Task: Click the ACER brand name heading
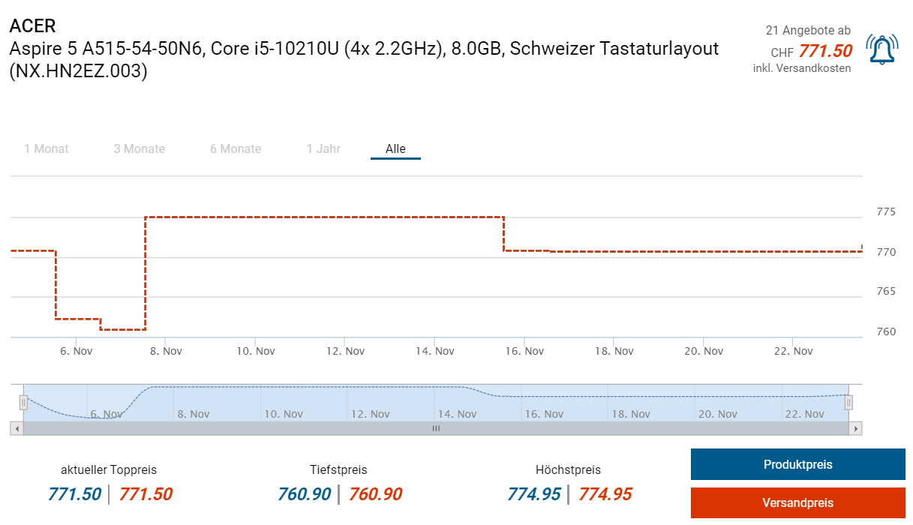(x=32, y=25)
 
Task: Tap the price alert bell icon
(x=882, y=49)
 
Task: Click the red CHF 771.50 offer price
(x=825, y=51)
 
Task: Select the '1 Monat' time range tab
(x=47, y=148)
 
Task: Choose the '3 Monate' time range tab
(x=140, y=148)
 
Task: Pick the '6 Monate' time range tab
(x=236, y=148)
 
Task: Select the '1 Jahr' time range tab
(x=323, y=148)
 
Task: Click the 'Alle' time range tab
(x=395, y=148)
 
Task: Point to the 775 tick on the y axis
(x=886, y=212)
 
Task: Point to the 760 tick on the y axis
(x=886, y=331)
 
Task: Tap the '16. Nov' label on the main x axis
(x=524, y=351)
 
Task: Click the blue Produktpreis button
(x=797, y=464)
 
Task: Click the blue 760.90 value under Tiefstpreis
(x=304, y=494)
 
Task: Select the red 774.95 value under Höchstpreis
(x=605, y=494)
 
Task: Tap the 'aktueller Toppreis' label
(x=109, y=470)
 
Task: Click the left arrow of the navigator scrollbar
(x=17, y=428)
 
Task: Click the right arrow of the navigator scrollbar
(x=855, y=428)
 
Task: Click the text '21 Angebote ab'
(x=808, y=31)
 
